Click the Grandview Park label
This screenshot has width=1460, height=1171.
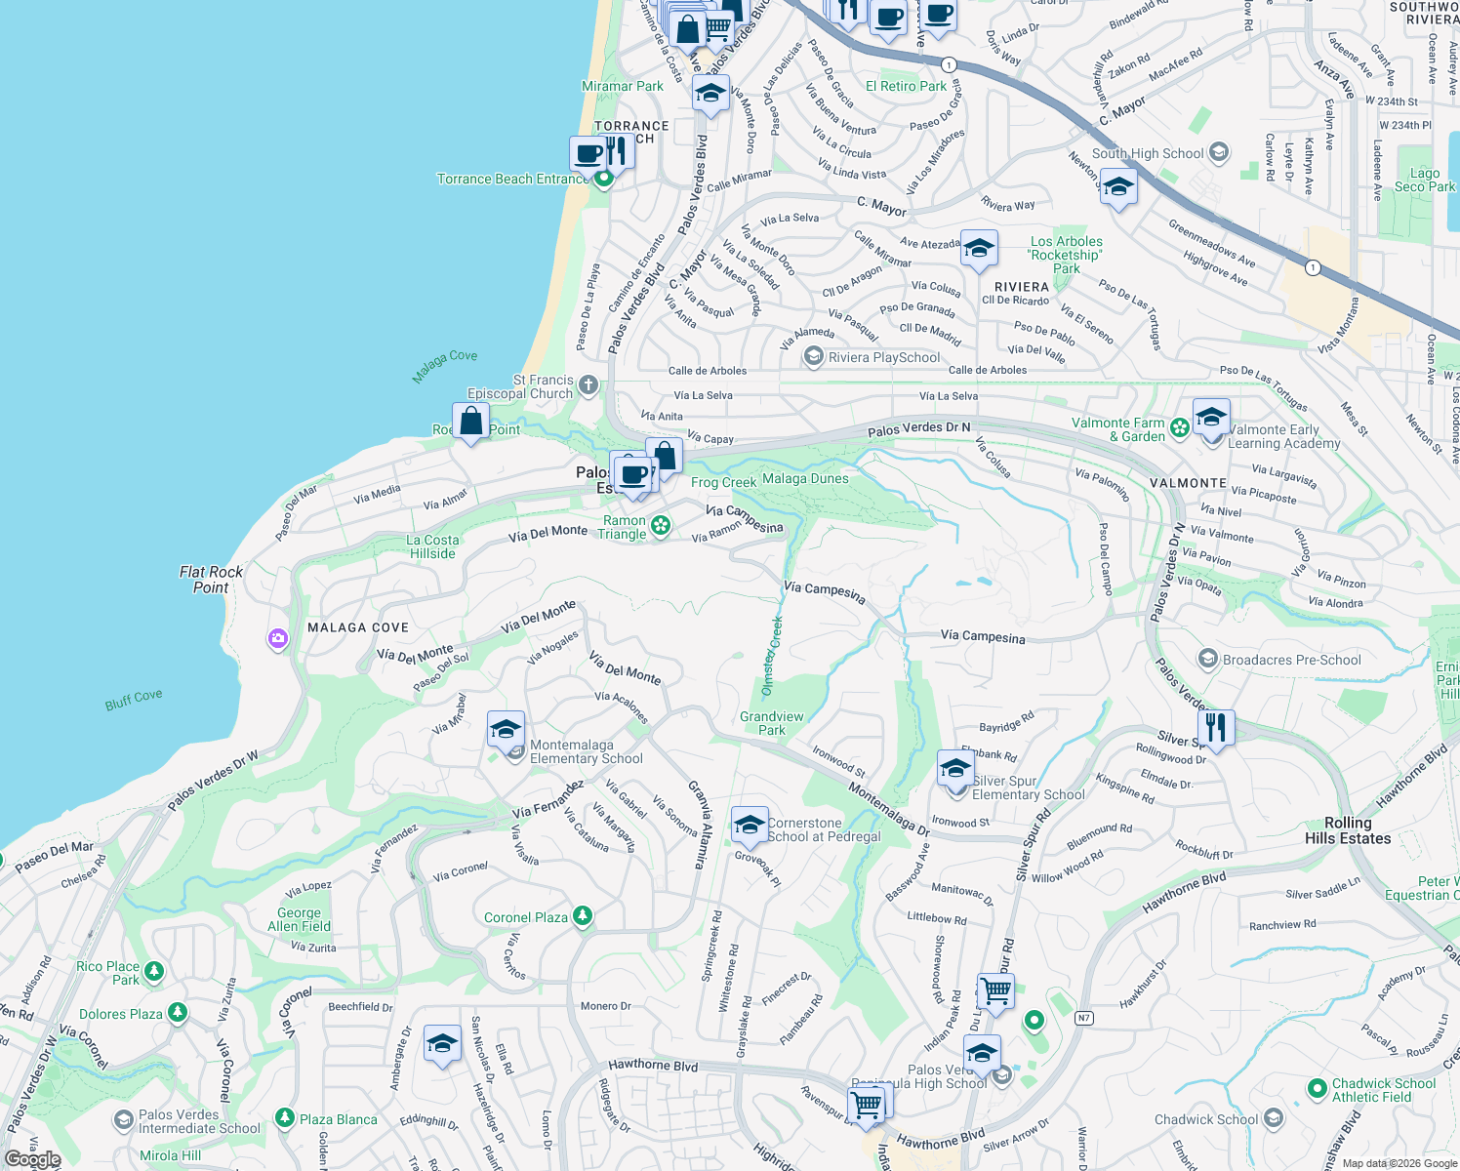[x=772, y=723]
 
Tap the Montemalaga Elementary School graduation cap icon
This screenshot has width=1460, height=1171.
[x=506, y=730]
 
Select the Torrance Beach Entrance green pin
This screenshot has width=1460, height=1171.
[x=604, y=179]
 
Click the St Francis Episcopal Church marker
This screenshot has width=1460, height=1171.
[x=588, y=385]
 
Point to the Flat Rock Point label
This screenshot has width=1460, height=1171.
[x=211, y=580]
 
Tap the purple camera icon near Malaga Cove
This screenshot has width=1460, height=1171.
[x=278, y=639]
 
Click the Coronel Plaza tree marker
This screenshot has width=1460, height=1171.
[x=583, y=916]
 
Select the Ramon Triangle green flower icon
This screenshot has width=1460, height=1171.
[x=661, y=526]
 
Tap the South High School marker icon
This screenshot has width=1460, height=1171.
[x=1218, y=152]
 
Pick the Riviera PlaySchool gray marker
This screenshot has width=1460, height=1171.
[x=813, y=357]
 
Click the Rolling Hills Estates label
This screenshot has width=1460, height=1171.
[x=1348, y=830]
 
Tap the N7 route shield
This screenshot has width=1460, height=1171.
[x=1083, y=1018]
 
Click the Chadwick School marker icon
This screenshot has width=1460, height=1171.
[x=1273, y=1118]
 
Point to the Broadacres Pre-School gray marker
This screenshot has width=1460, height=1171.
[x=1208, y=660]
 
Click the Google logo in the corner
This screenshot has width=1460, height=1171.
[x=33, y=1159]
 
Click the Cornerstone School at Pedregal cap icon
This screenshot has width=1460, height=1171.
[x=749, y=826]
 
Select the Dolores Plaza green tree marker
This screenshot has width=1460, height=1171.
[x=177, y=1013]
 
